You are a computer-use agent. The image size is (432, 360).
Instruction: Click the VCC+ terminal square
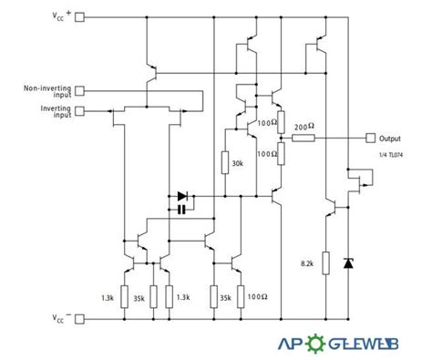pyautogui.click(x=79, y=16)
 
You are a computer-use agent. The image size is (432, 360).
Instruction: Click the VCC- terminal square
pyautogui.click(x=79, y=319)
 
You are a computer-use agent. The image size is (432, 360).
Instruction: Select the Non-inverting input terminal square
pyautogui.click(x=79, y=89)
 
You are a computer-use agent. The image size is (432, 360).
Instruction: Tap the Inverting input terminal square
pyautogui.click(x=79, y=111)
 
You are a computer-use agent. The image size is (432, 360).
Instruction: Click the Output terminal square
pyautogui.click(x=369, y=138)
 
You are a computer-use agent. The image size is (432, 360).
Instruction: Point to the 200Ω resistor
pyautogui.click(x=303, y=138)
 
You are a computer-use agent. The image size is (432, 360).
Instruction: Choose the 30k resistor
pyautogui.click(x=224, y=163)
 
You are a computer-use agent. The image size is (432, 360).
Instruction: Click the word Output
pyautogui.click(x=392, y=138)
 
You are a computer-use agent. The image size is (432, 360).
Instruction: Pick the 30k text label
pyautogui.click(x=239, y=164)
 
